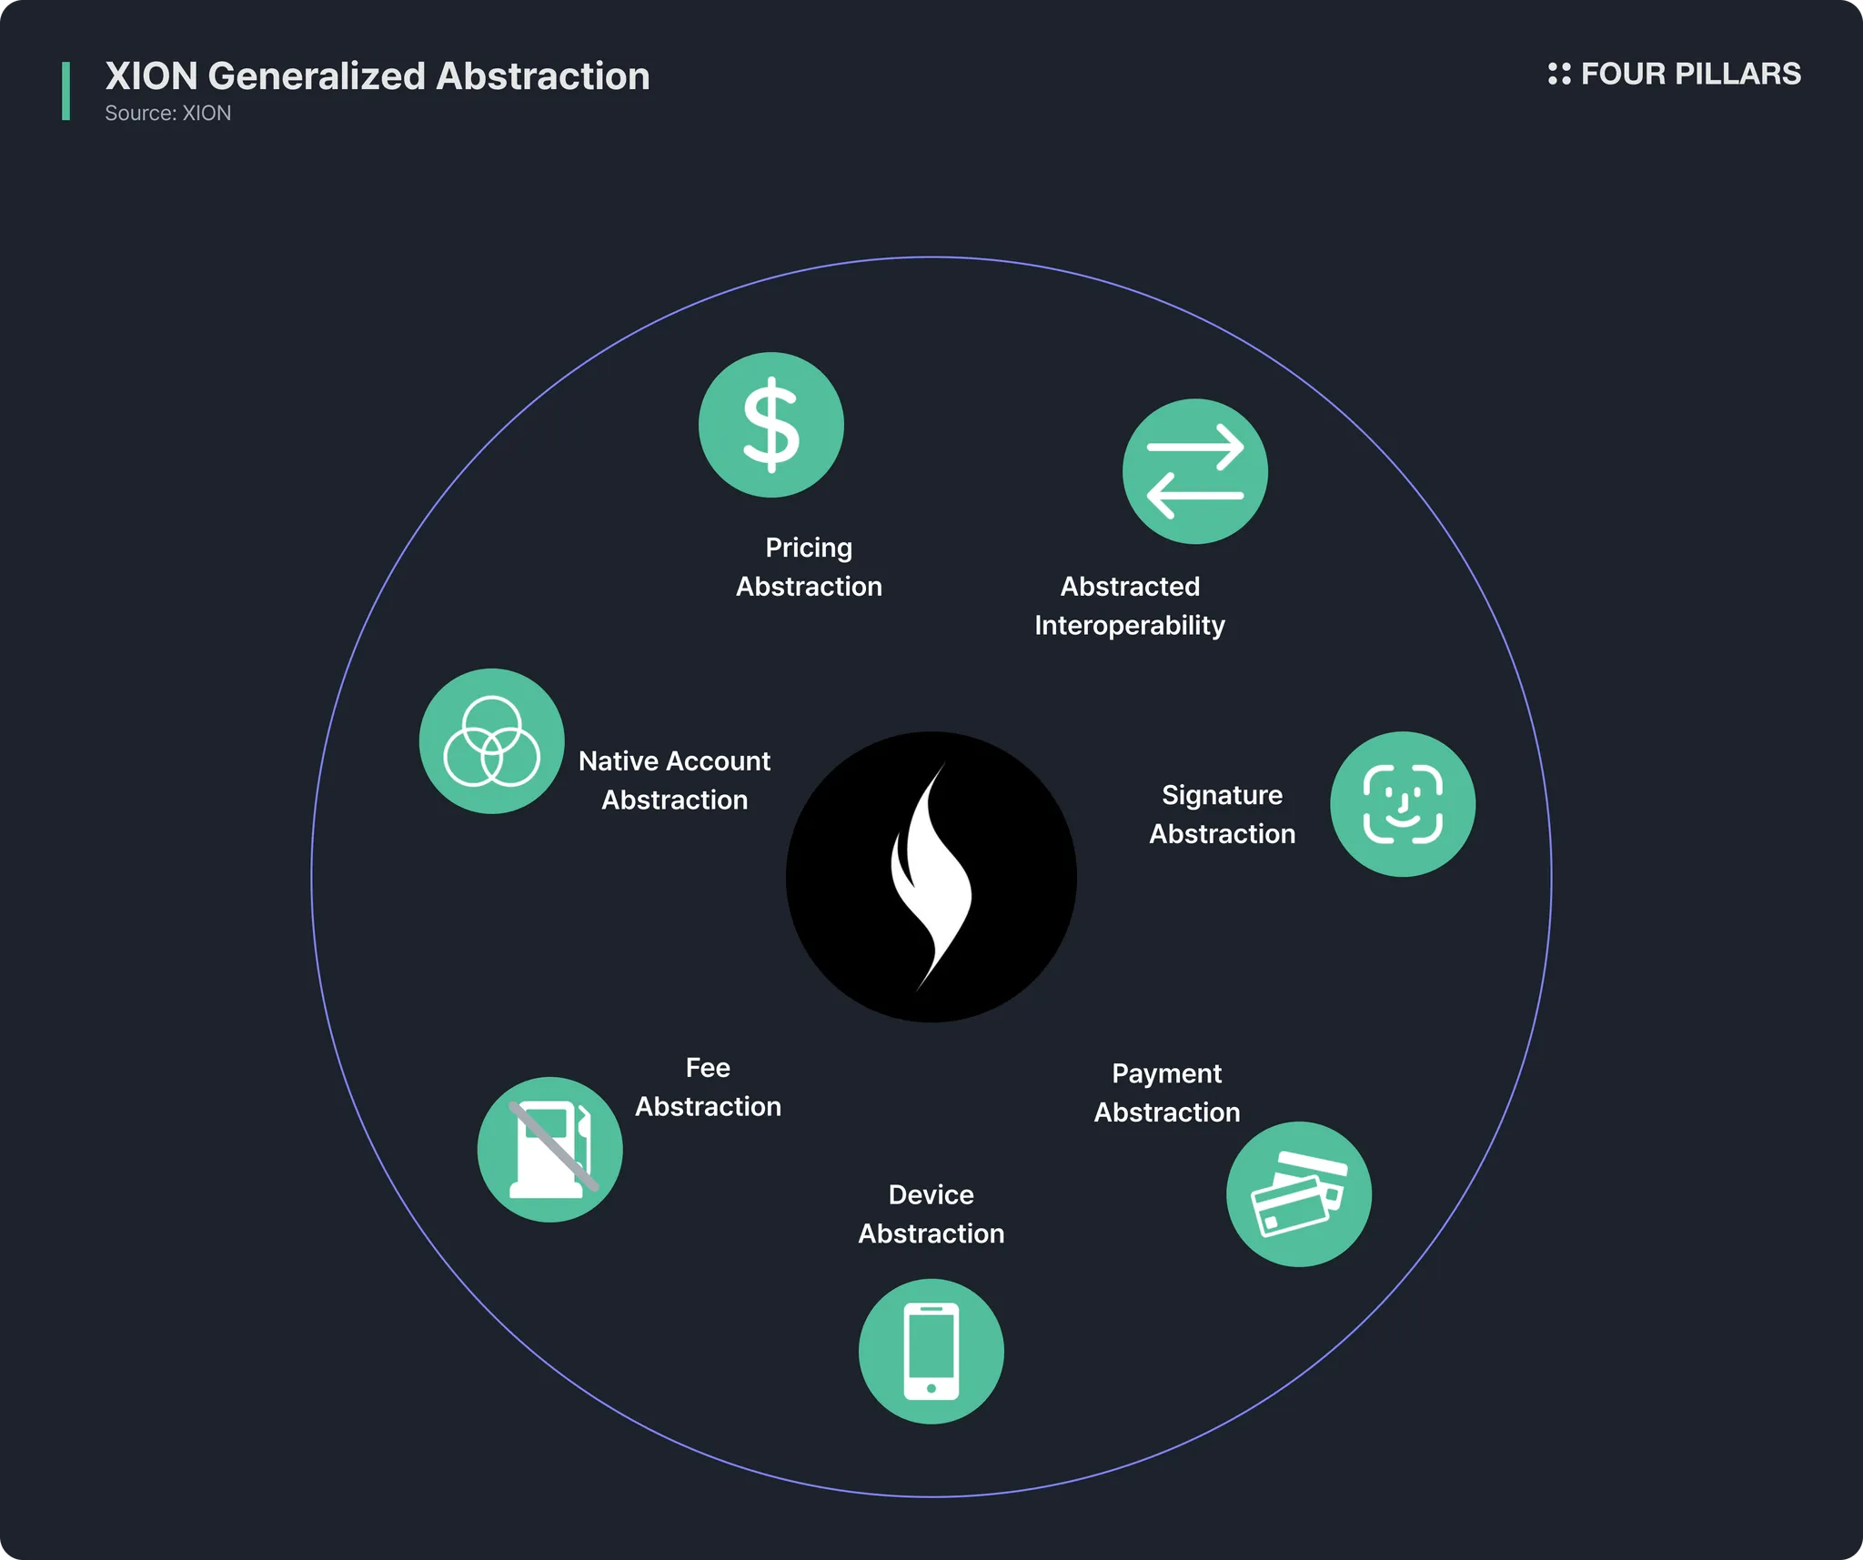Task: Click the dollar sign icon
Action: click(x=771, y=425)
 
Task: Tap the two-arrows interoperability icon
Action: click(x=1194, y=471)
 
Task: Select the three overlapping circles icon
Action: click(x=491, y=741)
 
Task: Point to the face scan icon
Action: click(x=1403, y=804)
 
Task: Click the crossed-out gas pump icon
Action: click(x=550, y=1150)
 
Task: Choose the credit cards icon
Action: click(x=1299, y=1194)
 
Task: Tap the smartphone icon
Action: click(x=931, y=1352)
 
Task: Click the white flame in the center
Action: click(x=931, y=877)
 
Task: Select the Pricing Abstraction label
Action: click(x=809, y=567)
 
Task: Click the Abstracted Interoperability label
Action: click(x=1130, y=606)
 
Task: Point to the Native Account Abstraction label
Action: click(x=674, y=780)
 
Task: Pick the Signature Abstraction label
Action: click(x=1222, y=814)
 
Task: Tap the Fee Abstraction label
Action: click(x=708, y=1087)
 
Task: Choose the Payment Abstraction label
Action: click(x=1167, y=1093)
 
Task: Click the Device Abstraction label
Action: click(x=931, y=1214)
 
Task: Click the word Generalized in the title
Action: click(x=317, y=76)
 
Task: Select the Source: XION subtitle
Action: click(x=168, y=113)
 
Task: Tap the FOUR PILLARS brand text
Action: click(x=1691, y=74)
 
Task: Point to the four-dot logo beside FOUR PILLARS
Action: click(x=1559, y=74)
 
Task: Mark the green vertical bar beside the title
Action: click(x=65, y=91)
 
